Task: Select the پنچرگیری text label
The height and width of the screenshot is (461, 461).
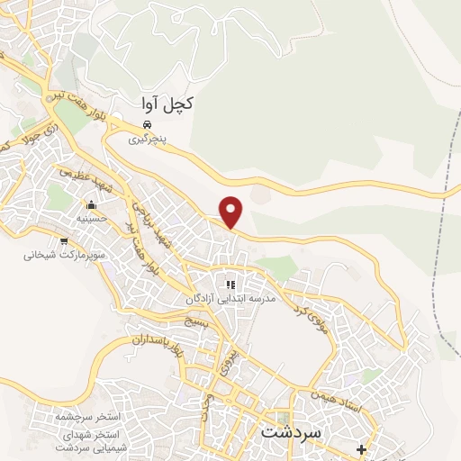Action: pyautogui.click(x=147, y=140)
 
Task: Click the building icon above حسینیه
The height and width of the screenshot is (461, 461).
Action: pyautogui.click(x=90, y=203)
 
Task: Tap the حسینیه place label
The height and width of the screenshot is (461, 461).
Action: pyautogui.click(x=91, y=217)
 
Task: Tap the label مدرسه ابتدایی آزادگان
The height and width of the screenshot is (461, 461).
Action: pyautogui.click(x=230, y=298)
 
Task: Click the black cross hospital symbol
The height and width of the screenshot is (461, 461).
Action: pyautogui.click(x=361, y=449)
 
